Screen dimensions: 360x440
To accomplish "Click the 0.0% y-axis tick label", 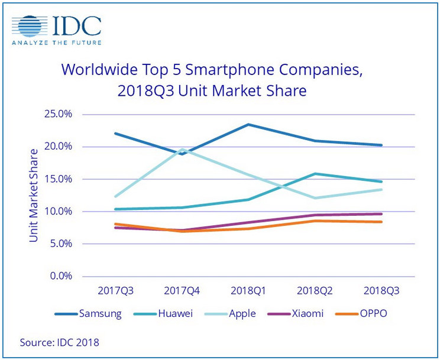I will click(x=62, y=276).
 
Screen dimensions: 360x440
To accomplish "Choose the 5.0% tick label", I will click(x=62, y=244).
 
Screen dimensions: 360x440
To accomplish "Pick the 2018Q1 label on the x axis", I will click(x=248, y=291).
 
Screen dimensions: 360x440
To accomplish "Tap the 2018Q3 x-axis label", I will click(x=381, y=291).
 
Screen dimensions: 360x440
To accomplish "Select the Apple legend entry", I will click(x=229, y=313).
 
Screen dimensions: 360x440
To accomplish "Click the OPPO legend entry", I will click(x=363, y=313).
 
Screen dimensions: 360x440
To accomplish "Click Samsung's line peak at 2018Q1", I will click(x=248, y=124).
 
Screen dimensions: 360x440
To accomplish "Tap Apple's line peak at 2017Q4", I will click(x=182, y=149).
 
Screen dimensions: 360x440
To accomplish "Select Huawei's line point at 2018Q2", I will click(x=315, y=174).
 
